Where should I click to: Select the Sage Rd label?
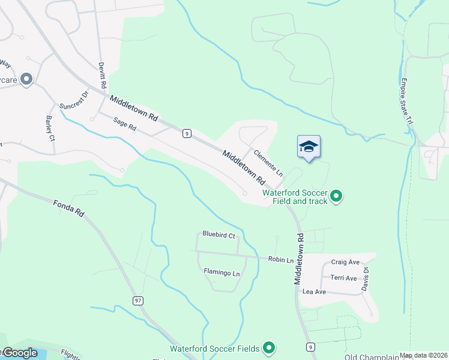click(x=125, y=124)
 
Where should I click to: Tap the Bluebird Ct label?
click(x=218, y=235)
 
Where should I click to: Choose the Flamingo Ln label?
click(x=221, y=273)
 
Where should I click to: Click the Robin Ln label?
click(x=281, y=260)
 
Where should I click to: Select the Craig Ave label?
click(x=345, y=262)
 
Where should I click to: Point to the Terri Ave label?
click(x=343, y=278)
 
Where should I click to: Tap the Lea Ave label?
click(x=314, y=292)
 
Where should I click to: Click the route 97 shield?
click(x=137, y=300)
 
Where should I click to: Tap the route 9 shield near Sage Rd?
click(x=188, y=133)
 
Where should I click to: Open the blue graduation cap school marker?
click(x=309, y=146)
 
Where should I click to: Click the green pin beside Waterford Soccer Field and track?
click(x=336, y=196)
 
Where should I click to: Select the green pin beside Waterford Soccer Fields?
click(x=269, y=348)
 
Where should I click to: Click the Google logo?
click(x=20, y=353)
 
